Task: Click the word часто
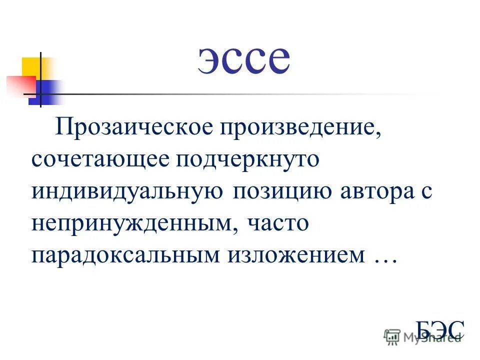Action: [x=277, y=223]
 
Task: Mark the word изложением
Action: [x=297, y=255]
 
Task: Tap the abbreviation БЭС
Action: [x=440, y=330]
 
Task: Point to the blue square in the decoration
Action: [x=47, y=92]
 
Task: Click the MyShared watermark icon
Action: [x=391, y=337]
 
